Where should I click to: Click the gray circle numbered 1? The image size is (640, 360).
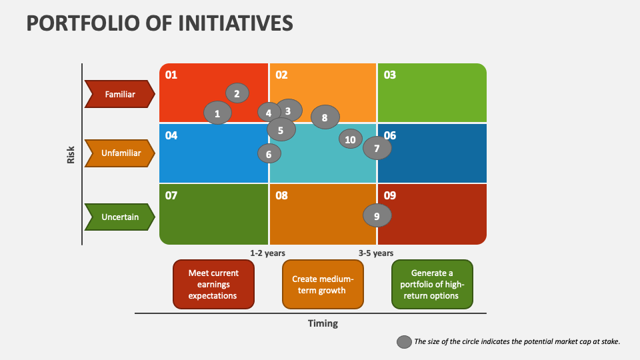tap(217, 113)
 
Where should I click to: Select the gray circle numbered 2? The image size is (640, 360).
tap(237, 93)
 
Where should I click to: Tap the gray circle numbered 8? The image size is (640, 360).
tap(325, 117)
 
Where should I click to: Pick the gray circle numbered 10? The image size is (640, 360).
tap(350, 139)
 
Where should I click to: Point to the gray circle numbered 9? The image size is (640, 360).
tap(377, 215)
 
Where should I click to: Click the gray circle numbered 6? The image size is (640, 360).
tap(269, 153)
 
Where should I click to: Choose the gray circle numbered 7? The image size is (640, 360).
tap(377, 148)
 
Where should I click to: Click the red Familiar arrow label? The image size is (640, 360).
tap(120, 94)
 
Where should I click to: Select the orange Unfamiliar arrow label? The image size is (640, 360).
tap(120, 153)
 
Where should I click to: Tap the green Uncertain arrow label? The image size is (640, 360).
tap(120, 217)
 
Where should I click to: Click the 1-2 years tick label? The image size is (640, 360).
tap(268, 253)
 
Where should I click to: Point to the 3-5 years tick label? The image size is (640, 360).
tap(376, 253)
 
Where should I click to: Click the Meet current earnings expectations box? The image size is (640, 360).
tap(213, 284)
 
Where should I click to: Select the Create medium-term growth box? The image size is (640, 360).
tap(323, 284)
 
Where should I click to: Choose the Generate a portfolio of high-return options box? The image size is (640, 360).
tap(432, 284)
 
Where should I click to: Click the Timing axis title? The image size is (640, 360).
tap(323, 323)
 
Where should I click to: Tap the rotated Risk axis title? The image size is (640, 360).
tap(71, 155)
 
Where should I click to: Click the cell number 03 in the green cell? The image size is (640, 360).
tap(389, 75)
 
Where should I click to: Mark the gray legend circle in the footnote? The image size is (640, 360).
tap(404, 341)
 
